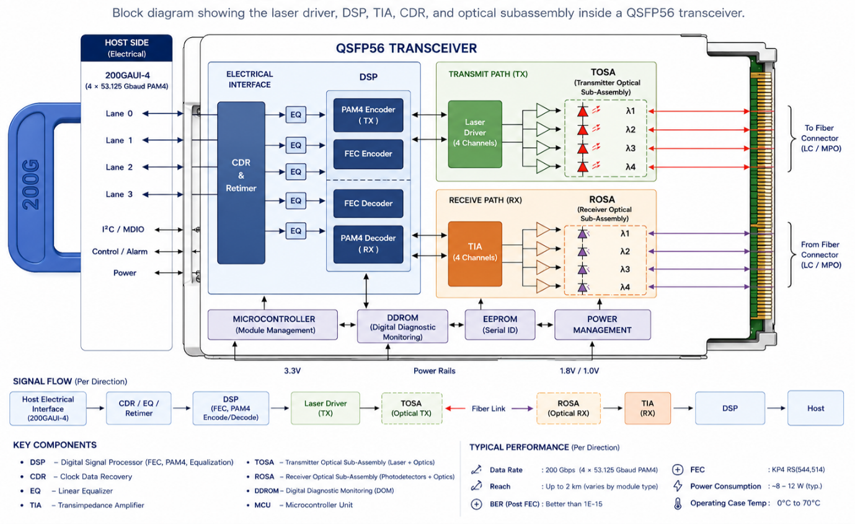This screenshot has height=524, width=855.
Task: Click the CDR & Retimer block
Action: tap(241, 183)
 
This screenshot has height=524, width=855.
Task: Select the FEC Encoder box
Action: tap(368, 154)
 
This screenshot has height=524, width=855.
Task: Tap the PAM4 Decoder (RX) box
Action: tap(368, 244)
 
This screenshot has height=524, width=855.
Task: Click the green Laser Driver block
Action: tap(475, 134)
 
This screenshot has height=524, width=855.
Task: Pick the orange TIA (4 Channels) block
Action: tap(475, 253)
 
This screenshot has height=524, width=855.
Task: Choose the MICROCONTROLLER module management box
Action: tap(273, 325)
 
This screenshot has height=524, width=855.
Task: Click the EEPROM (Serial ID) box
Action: tap(500, 325)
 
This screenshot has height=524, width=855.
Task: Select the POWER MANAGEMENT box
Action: tap(602, 325)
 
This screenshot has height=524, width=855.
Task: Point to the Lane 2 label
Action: tap(119, 167)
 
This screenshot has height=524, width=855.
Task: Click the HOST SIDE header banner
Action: tap(126, 48)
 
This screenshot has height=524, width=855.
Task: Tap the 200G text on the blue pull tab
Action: tap(31, 185)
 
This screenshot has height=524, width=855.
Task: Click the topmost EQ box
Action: tap(296, 115)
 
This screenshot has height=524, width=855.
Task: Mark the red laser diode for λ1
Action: tap(582, 111)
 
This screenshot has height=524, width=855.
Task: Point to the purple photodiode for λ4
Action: tap(582, 287)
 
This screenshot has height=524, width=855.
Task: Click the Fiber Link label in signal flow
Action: tap(488, 408)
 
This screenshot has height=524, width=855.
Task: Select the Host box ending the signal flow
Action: tap(816, 408)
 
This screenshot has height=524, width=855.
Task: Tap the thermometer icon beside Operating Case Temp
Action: tap(678, 504)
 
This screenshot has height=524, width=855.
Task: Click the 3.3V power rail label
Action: tap(293, 370)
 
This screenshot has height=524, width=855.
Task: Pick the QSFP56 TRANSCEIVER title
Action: tap(406, 48)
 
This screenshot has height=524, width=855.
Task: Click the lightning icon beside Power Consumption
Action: tap(678, 486)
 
